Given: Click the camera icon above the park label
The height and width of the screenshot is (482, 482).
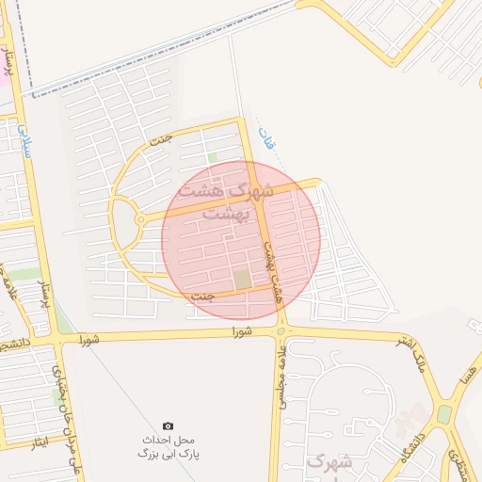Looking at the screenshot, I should click(x=169, y=426).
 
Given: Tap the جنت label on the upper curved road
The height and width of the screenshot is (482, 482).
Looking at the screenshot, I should click(x=161, y=141).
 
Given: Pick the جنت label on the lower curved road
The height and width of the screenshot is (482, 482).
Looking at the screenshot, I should click(x=203, y=297).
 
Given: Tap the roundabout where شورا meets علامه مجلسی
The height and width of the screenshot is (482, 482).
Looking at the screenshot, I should click(x=281, y=330).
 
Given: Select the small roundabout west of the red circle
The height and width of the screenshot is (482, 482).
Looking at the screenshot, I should click(x=139, y=218).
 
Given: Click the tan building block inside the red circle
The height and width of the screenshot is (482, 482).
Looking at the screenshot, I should click(x=243, y=280).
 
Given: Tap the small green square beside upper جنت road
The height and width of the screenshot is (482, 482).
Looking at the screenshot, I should click(x=213, y=157).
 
